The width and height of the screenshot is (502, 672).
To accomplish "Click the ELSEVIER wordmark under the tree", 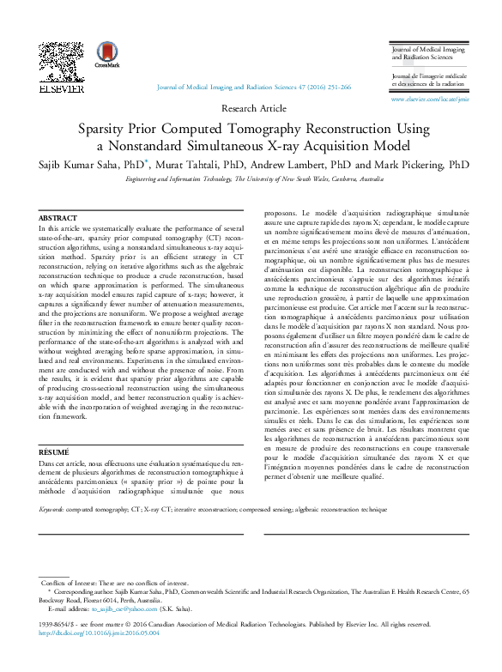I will click(62, 88).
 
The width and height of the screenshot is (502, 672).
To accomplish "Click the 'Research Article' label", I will click(254, 108).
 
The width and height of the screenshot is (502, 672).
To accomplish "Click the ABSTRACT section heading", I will click(58, 219).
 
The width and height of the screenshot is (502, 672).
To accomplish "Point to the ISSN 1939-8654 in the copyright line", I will click(57, 625).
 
